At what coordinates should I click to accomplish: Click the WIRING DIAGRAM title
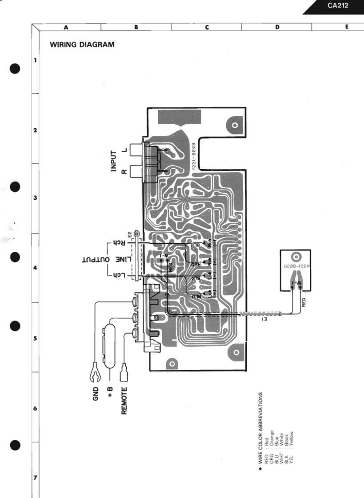[82, 44]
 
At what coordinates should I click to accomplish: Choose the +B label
[110, 391]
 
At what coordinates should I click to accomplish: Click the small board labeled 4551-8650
[296, 270]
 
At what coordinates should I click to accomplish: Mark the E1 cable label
[265, 319]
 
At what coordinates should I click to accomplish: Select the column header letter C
[207, 27]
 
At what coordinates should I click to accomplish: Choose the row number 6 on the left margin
[35, 408]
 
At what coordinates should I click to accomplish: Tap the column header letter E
[346, 27]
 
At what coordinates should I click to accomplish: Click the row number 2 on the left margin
[35, 131]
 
